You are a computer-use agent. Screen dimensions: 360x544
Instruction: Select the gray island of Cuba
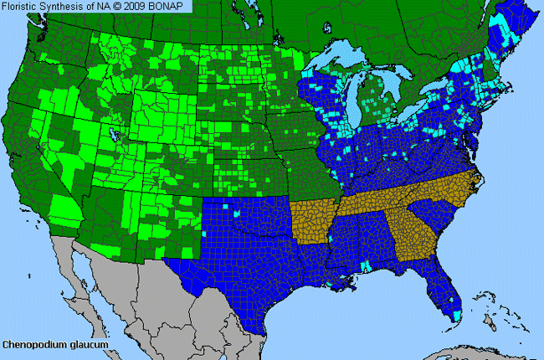[x=469, y=347]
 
